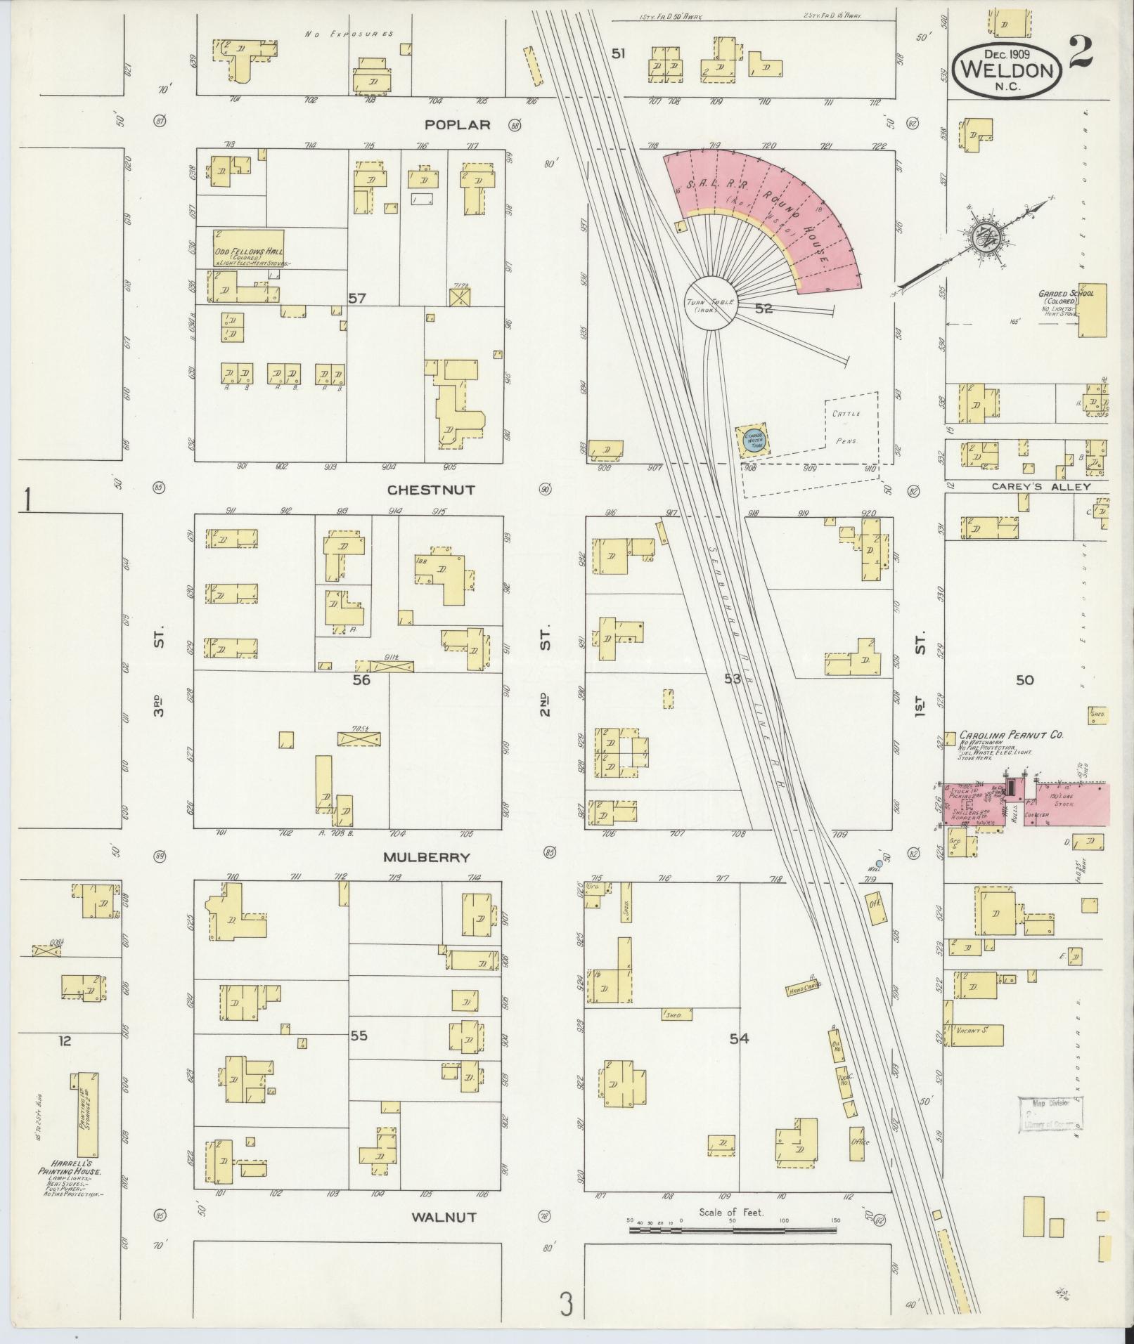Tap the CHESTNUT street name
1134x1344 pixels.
431,490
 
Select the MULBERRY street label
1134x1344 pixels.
426,857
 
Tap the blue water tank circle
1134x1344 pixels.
753,440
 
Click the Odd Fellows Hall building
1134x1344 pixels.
240,248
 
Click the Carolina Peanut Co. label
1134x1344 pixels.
1010,735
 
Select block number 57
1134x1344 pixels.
357,298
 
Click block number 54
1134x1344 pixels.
739,1038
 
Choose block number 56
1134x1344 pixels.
361,679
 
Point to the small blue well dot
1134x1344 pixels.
879,862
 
